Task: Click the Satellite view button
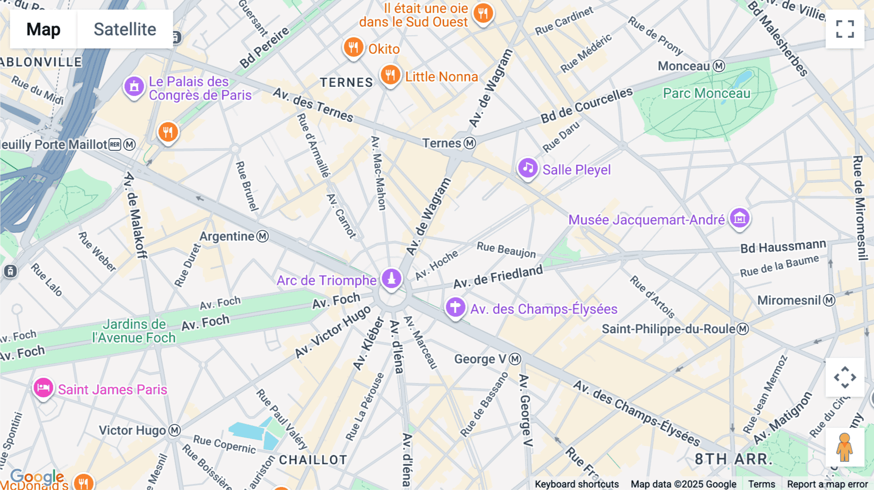125,29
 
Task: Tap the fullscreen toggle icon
845,29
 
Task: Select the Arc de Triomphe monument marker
391,278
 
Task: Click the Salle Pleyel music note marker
528,168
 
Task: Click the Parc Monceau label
706,93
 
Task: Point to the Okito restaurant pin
353,48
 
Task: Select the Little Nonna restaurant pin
390,75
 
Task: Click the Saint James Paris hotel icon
43,388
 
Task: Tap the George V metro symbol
515,359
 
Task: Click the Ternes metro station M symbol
470,143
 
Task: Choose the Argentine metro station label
227,236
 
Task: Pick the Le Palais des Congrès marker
134,87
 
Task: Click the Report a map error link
827,484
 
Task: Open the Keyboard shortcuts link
576,484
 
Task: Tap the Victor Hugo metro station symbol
175,430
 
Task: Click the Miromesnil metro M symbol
829,300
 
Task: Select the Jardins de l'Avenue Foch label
134,331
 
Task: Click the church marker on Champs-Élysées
455,307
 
